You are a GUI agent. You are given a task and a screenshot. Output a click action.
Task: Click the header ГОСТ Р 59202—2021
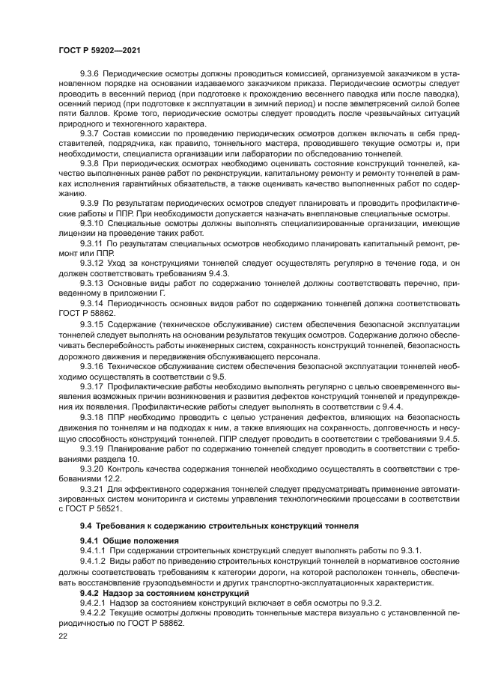click(x=98, y=49)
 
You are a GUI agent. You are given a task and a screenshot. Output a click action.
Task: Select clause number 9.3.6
click(x=89, y=75)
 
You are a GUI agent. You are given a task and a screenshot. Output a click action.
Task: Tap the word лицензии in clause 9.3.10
click(x=77, y=233)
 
